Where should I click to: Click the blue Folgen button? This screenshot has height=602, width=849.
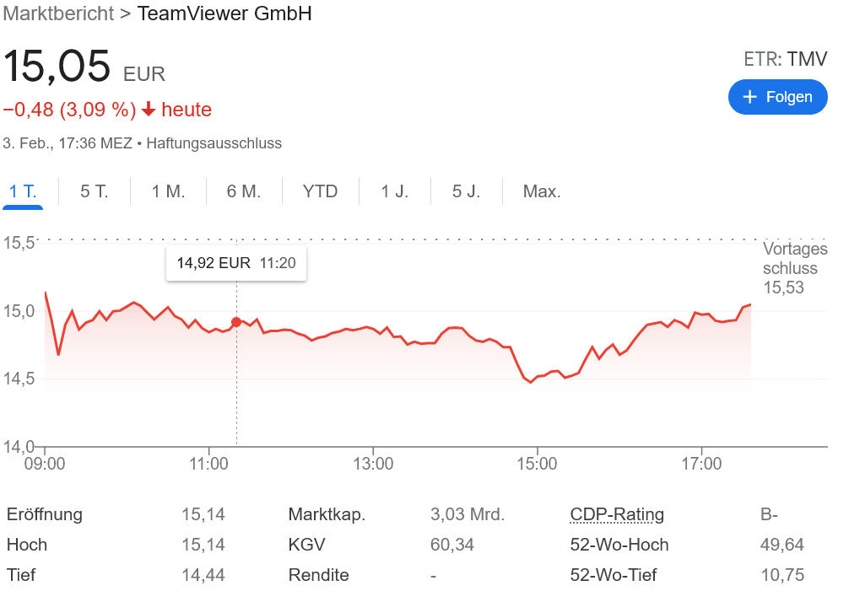point(777,97)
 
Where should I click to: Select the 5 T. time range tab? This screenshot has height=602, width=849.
point(95,191)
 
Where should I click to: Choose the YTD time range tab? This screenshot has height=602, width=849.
point(320,191)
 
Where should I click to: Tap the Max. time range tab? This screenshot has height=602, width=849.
point(542,191)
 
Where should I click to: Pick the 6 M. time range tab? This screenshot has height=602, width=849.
point(244,191)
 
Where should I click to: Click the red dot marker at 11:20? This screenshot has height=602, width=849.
point(236,322)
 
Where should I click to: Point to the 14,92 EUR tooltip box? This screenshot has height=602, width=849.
point(236,263)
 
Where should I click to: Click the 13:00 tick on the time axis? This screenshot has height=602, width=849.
point(373,464)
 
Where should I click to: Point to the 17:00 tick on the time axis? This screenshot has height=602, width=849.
point(701,464)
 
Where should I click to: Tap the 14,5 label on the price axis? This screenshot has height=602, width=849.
point(18,379)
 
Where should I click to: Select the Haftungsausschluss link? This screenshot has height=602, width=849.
point(214,143)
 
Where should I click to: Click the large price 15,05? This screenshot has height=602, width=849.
point(57,67)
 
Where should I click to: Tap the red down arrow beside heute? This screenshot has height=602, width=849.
point(149,110)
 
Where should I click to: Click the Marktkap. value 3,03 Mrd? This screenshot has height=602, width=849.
point(468,514)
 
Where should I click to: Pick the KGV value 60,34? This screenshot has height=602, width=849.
point(452,545)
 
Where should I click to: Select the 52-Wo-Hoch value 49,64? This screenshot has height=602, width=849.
point(782,545)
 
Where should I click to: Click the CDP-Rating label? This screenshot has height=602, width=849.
point(617,514)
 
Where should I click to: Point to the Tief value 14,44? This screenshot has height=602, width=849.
point(203,575)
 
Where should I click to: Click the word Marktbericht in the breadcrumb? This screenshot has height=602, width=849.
point(58,13)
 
